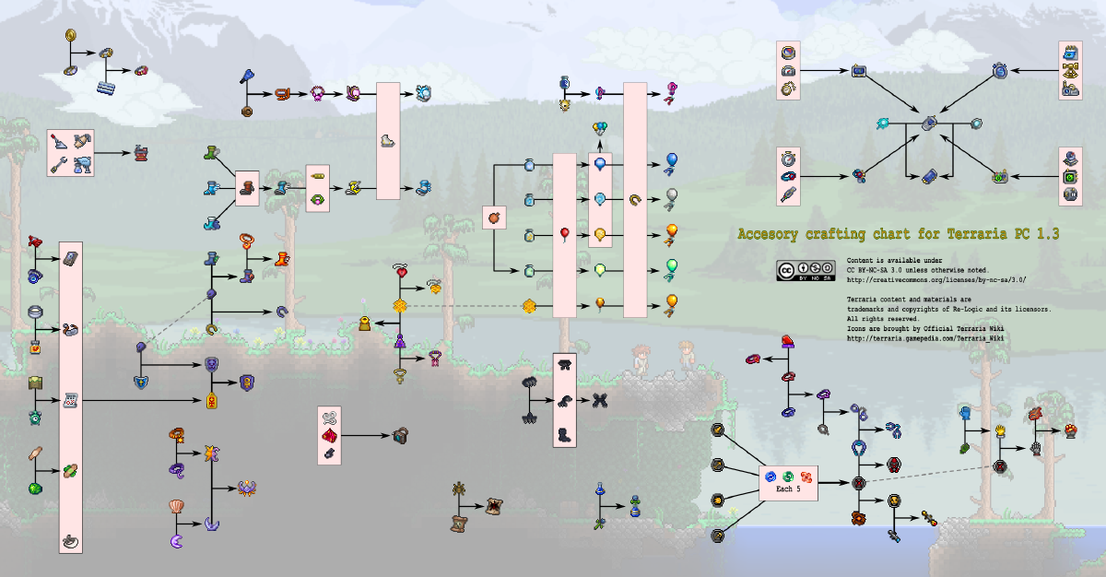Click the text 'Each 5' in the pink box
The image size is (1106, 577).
click(x=787, y=489)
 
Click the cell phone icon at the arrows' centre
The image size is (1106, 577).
click(x=929, y=123)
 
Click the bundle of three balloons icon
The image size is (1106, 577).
click(x=600, y=128)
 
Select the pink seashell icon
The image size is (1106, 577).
click(x=176, y=506)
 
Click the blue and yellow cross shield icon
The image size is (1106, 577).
click(x=141, y=381)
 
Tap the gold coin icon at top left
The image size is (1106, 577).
click(x=70, y=36)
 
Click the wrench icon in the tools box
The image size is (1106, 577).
click(x=59, y=164)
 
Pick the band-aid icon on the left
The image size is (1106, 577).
click(x=35, y=453)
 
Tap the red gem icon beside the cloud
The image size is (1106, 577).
click(x=141, y=70)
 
